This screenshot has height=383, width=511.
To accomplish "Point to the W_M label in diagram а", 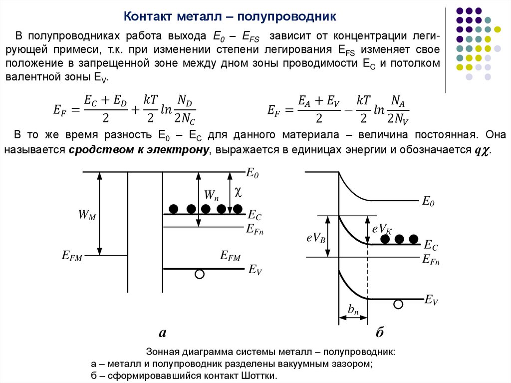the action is [86, 215].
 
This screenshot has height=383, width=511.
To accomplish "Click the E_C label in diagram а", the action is [254, 216].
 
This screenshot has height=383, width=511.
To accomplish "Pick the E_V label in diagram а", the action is [255, 270].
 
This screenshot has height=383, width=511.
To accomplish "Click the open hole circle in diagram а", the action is [200, 274].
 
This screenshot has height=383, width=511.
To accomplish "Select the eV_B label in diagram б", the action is [316, 239].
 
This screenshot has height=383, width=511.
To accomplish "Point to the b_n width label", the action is [353, 310].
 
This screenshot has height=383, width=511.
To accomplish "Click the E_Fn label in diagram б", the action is [431, 259].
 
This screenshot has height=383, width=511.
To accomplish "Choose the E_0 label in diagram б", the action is [428, 202].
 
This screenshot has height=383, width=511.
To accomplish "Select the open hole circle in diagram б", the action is [398, 304].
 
